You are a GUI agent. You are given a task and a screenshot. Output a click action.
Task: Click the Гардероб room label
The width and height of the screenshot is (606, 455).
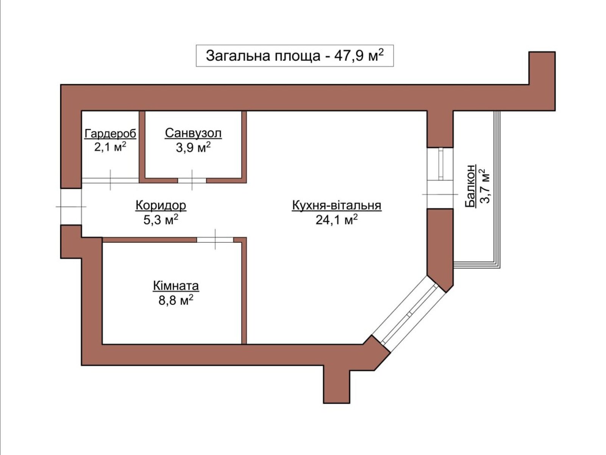click(110, 133)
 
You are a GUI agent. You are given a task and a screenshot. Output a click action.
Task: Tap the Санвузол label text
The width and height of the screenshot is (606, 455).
click(193, 133)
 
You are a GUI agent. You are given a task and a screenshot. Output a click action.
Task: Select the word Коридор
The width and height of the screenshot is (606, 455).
click(161, 205)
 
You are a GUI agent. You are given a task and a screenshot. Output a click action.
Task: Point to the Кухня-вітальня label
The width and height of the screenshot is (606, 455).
click(337, 205)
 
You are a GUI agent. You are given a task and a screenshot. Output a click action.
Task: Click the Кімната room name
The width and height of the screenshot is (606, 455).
click(176, 286)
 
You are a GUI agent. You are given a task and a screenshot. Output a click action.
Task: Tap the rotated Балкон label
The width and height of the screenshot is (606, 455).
click(470, 186)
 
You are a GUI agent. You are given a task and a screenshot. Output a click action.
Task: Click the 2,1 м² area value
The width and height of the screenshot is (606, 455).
click(110, 147)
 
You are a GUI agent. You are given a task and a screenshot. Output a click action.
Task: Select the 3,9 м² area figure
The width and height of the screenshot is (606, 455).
click(193, 147)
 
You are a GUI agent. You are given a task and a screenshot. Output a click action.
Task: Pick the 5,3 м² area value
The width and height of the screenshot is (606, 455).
click(161, 220)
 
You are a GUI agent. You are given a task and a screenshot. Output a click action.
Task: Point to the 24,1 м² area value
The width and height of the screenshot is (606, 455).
click(337, 220)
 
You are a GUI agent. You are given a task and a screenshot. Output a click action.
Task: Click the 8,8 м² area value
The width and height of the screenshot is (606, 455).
click(176, 300)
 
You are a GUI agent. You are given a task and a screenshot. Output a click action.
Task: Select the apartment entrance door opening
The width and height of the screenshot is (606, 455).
click(71, 207)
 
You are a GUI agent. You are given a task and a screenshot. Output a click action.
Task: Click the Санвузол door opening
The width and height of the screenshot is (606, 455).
click(192, 180)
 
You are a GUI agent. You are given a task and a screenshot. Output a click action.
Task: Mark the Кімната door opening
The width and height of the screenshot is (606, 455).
click(215, 240)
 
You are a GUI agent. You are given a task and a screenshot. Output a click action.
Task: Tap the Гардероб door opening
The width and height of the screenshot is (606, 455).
click(110, 180)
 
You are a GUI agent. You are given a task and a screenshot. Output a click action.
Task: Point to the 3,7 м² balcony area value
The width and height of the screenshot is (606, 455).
click(485, 186)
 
